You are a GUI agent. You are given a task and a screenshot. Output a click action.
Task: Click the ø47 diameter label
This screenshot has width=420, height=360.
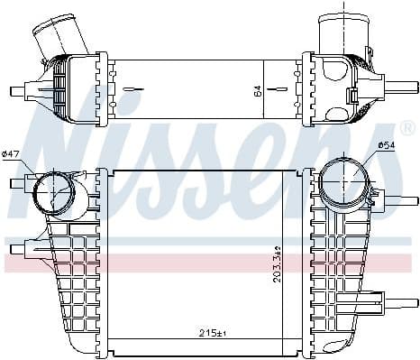click(12, 154)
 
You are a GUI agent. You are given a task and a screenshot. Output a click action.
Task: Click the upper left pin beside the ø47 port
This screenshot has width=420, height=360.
click(15, 184)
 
